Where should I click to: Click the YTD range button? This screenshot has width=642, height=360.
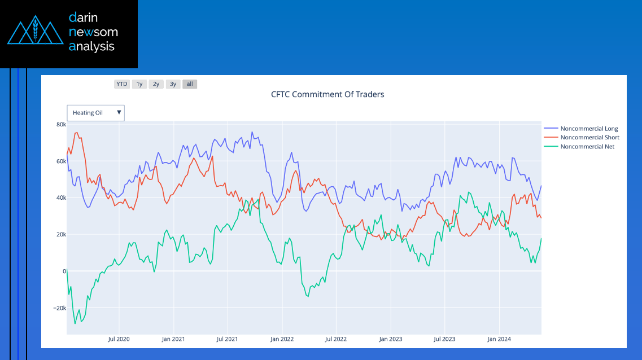pos(121,84)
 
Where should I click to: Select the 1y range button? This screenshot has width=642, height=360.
pos(139,84)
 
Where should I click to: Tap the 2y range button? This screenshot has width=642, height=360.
pos(156,84)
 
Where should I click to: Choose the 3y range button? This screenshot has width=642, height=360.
pos(173,84)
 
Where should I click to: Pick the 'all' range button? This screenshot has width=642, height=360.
pos(190,84)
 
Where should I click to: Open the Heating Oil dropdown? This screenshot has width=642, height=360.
pos(95,113)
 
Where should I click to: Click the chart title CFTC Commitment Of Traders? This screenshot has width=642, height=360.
pos(327,94)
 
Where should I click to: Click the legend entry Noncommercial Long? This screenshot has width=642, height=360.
pos(589,129)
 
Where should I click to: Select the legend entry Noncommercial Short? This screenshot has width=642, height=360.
pos(589,138)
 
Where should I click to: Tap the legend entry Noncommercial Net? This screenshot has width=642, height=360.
pos(587,147)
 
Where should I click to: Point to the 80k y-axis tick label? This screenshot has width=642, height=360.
pos(61,124)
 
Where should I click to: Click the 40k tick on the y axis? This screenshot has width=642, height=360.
pos(61,198)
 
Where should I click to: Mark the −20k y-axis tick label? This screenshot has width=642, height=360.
pos(59,308)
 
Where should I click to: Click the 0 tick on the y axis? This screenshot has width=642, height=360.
pos(64,271)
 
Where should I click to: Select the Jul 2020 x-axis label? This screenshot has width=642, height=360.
pos(119,339)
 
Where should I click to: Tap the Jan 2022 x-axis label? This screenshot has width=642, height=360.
pos(282,339)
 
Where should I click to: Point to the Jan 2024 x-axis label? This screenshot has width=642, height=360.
pos(499,339)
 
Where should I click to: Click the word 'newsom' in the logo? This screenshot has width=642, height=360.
pos(93,32)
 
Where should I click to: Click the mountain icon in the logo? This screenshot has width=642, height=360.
pos(35,33)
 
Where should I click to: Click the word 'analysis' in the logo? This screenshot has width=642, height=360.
pos(91,47)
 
